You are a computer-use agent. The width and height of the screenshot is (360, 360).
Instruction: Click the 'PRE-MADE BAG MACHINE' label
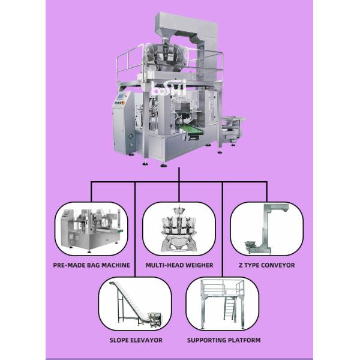91,265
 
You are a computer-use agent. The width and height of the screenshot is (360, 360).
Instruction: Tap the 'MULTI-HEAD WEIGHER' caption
179,265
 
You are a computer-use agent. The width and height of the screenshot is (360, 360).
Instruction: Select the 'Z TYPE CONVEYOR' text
266,265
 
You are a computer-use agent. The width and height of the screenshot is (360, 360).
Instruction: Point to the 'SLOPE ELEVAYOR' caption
135,340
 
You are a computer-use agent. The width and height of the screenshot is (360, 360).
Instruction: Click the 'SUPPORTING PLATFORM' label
223,340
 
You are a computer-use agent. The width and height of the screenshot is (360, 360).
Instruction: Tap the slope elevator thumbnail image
135,305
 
